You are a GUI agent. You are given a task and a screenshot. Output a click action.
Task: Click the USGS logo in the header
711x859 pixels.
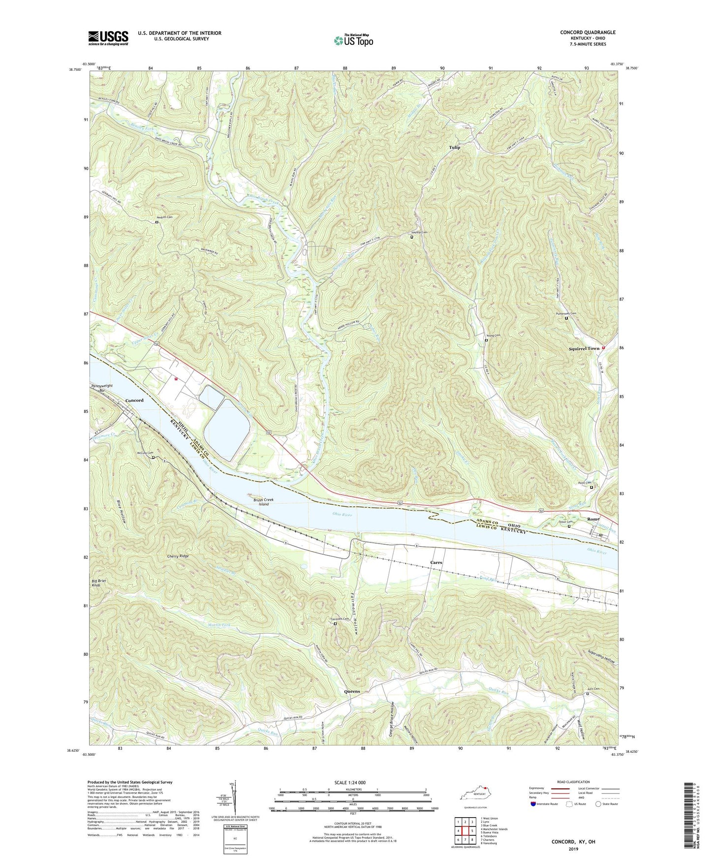(108, 38)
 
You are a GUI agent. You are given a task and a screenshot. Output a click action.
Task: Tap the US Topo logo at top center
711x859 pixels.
(353, 40)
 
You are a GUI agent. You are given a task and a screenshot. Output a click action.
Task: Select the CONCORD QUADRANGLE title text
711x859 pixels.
(587, 32)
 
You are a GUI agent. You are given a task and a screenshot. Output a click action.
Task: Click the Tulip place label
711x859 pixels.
(454, 147)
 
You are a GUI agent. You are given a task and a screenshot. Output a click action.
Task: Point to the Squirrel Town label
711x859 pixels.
(584, 348)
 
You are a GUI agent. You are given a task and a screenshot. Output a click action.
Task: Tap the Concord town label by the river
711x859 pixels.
(134, 400)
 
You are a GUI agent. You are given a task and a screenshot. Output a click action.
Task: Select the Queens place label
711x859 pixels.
(352, 691)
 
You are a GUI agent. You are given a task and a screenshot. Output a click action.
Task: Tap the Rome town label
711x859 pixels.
(593, 519)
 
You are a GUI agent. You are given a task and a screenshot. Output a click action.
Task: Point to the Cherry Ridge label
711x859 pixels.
(178, 556)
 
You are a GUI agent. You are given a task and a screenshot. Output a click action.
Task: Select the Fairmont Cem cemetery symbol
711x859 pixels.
(336, 624)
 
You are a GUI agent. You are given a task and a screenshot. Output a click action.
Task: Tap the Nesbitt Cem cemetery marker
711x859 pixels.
(157, 222)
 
